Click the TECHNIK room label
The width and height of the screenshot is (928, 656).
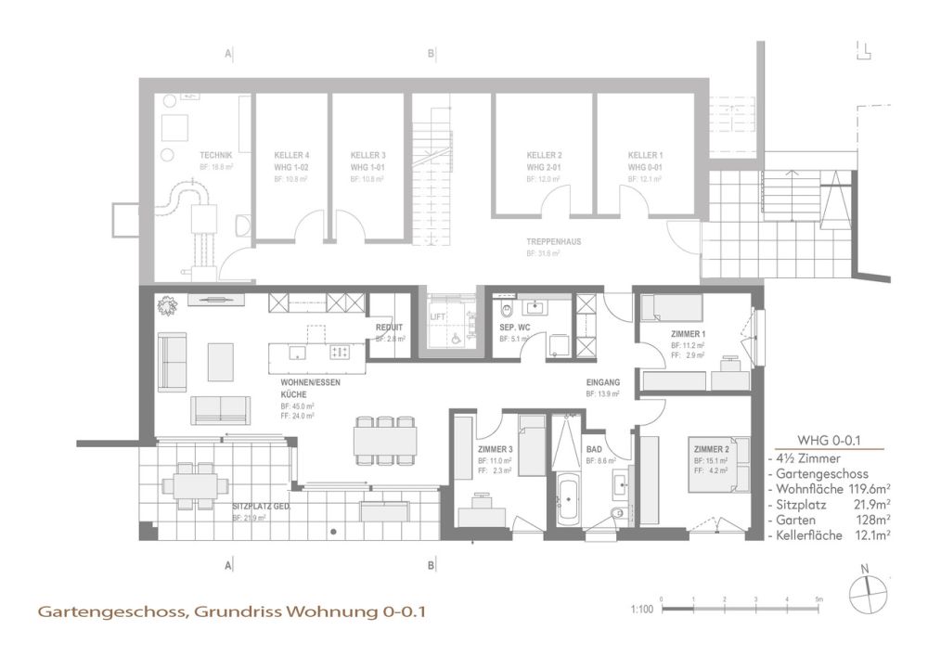pyautogui.click(x=215, y=155)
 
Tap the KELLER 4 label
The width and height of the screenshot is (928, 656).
pyautogui.click(x=291, y=155)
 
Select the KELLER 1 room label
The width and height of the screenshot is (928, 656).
pyautogui.click(x=645, y=155)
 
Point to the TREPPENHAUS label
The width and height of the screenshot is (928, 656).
pyautogui.click(x=554, y=240)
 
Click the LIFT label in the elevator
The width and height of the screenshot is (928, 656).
pyautogui.click(x=438, y=317)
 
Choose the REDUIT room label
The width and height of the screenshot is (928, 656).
pyautogui.click(x=388, y=328)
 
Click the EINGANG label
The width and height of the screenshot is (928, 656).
pyautogui.click(x=602, y=382)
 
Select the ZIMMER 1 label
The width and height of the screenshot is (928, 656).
pyautogui.click(x=689, y=334)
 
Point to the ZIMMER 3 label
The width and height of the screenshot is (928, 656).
pyautogui.click(x=495, y=449)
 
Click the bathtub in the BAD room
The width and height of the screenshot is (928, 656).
pyautogui.click(x=567, y=501)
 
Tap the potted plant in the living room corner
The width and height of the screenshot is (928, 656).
pyautogui.click(x=167, y=303)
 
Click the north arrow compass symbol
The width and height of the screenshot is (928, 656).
pyautogui.click(x=865, y=591)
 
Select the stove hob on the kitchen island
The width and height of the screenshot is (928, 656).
pyautogui.click(x=340, y=353)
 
